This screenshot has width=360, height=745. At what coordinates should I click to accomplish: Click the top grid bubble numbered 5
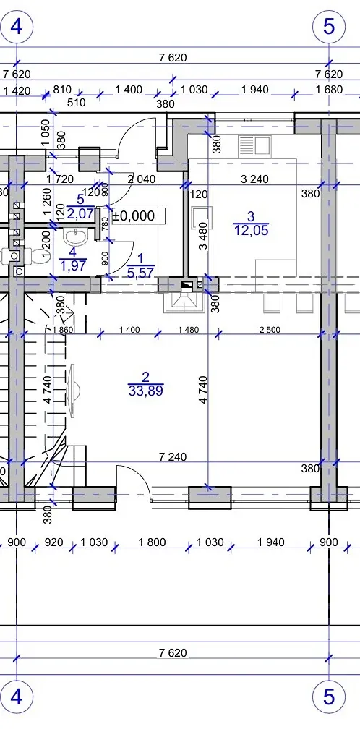329,26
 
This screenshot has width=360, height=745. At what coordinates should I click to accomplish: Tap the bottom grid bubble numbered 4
16,697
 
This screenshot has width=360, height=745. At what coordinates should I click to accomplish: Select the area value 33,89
146,391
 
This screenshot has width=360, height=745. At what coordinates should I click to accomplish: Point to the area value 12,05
252,231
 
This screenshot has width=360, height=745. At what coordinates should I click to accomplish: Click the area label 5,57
140,272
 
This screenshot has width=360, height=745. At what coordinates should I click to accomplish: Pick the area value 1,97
72,265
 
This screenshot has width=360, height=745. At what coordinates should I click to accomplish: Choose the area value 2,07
80,213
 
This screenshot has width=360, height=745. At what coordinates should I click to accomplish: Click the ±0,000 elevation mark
134,216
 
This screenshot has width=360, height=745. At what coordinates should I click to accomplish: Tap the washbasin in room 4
74,236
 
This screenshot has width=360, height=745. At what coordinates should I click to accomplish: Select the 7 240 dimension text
171,457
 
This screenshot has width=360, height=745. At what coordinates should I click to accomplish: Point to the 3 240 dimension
254,179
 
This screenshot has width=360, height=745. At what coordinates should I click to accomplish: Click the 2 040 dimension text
142,179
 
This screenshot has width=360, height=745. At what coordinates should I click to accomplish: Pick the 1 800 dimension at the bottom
152,542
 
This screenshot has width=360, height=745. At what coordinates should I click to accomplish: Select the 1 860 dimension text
64,330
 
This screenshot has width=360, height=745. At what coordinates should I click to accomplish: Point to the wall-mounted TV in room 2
73,391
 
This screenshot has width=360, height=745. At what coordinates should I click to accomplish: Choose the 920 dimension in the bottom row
53,542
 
